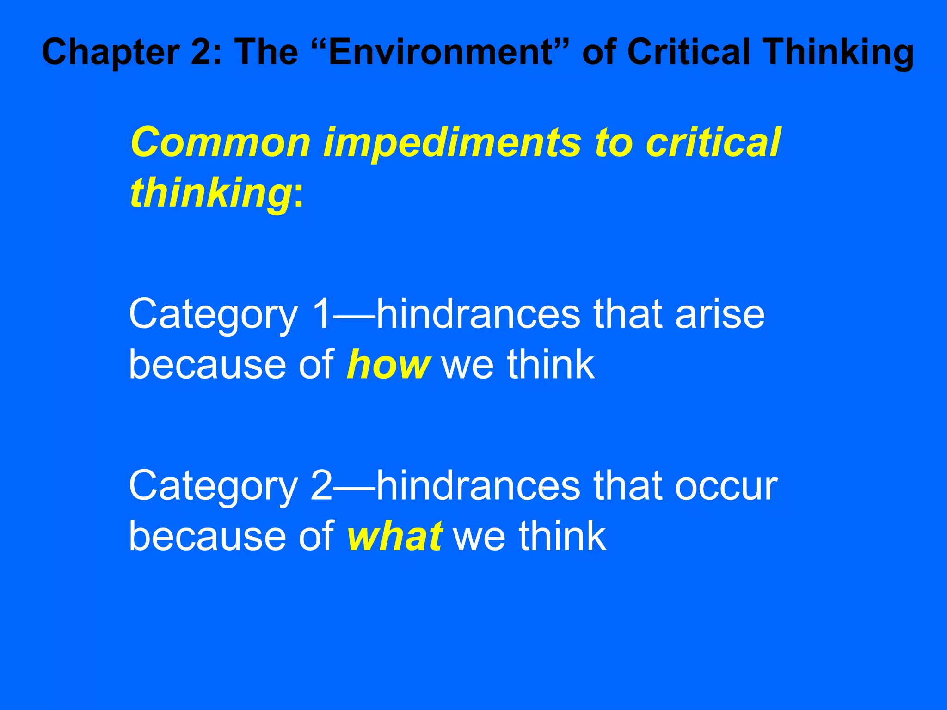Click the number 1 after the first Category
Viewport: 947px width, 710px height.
pos(322,314)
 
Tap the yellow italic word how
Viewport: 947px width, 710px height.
pos(388,365)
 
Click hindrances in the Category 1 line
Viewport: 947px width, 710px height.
pos(478,314)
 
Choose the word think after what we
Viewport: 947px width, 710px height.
pos(561,536)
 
